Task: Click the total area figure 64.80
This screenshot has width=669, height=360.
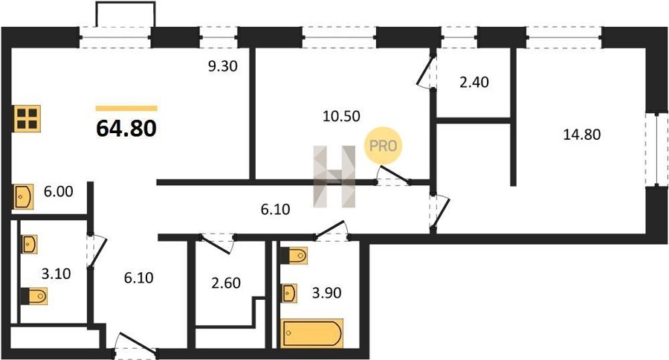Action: (126, 128)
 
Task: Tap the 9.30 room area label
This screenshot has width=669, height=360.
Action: (222, 66)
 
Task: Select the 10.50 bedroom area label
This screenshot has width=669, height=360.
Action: (341, 116)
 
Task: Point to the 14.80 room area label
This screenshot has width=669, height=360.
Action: (581, 135)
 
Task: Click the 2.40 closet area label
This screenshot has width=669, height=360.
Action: (474, 82)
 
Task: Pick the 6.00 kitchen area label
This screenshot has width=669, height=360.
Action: (59, 191)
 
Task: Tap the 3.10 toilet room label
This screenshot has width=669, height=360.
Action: (56, 273)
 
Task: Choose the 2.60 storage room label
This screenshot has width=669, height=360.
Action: (226, 283)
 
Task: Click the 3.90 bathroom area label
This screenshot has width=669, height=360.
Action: (326, 293)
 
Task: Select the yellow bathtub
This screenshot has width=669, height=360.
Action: (312, 332)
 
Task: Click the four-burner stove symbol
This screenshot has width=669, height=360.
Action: (28, 118)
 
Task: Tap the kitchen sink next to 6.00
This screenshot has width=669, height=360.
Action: (24, 197)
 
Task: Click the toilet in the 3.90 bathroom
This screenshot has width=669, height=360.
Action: (294, 256)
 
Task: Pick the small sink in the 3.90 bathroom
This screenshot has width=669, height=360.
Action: (289, 293)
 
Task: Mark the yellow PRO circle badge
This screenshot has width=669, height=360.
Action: (383, 146)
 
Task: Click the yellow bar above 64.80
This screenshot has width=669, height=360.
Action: (126, 109)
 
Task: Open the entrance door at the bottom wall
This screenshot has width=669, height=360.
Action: (136, 344)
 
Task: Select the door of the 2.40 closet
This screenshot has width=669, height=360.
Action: (427, 73)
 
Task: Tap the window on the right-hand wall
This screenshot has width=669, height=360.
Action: (656, 150)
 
